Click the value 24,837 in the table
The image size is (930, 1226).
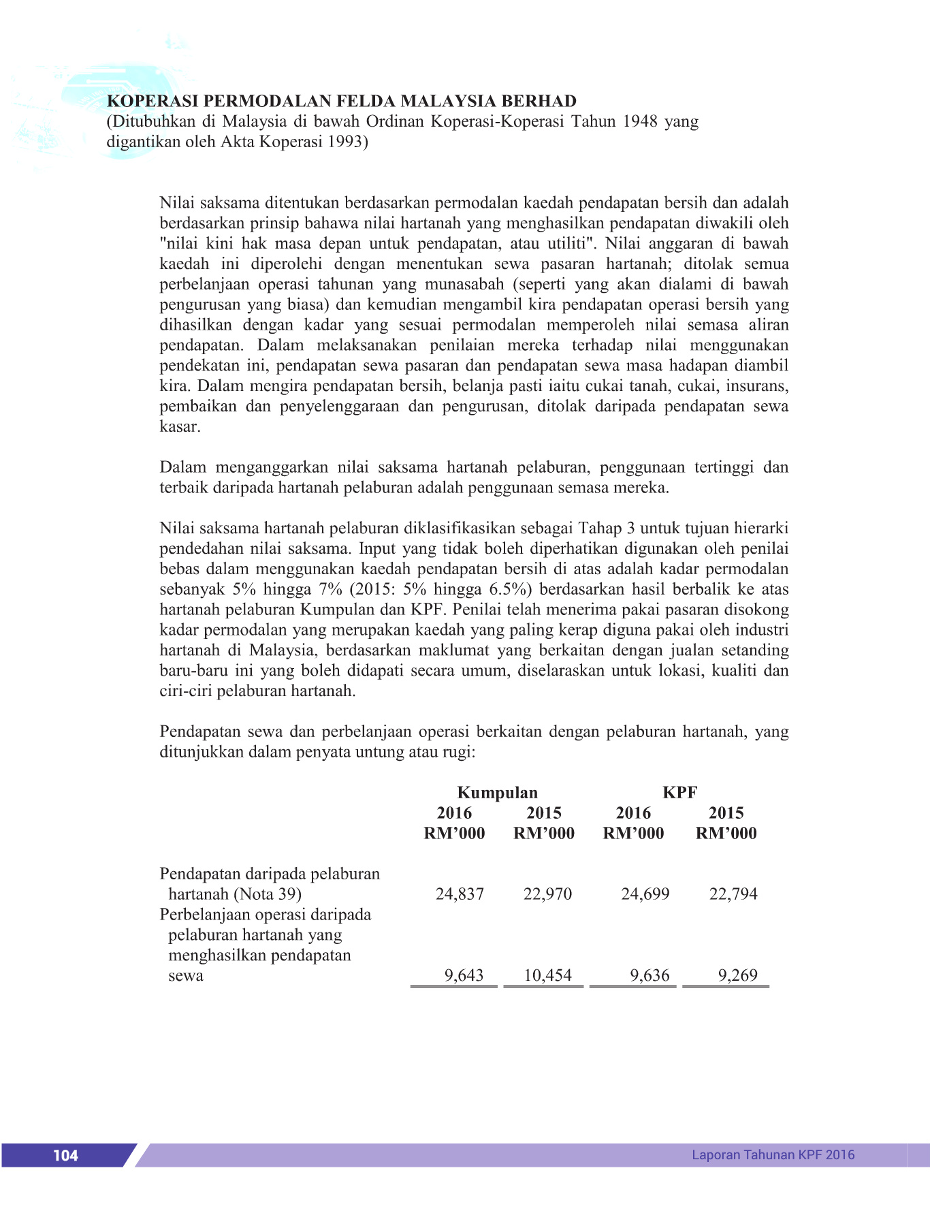pos(460,894)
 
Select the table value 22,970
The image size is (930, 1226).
pos(547,894)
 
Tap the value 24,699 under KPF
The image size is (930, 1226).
pos(645,894)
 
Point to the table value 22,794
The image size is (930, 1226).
pos(733,894)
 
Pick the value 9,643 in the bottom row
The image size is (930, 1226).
pos(464,975)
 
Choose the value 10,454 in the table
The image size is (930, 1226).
pos(547,975)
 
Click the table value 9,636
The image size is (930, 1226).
pos(650,975)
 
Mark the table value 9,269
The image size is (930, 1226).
pos(737,975)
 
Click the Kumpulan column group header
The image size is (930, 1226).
pos(497,792)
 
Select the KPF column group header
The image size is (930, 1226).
pos(679,792)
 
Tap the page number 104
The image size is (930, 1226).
pos(65,1155)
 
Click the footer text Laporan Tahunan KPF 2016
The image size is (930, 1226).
pos(773,1154)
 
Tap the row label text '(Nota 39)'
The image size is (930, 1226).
pos(268,894)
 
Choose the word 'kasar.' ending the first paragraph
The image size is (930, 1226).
pos(180,427)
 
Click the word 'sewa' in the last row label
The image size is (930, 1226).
pos(185,975)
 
